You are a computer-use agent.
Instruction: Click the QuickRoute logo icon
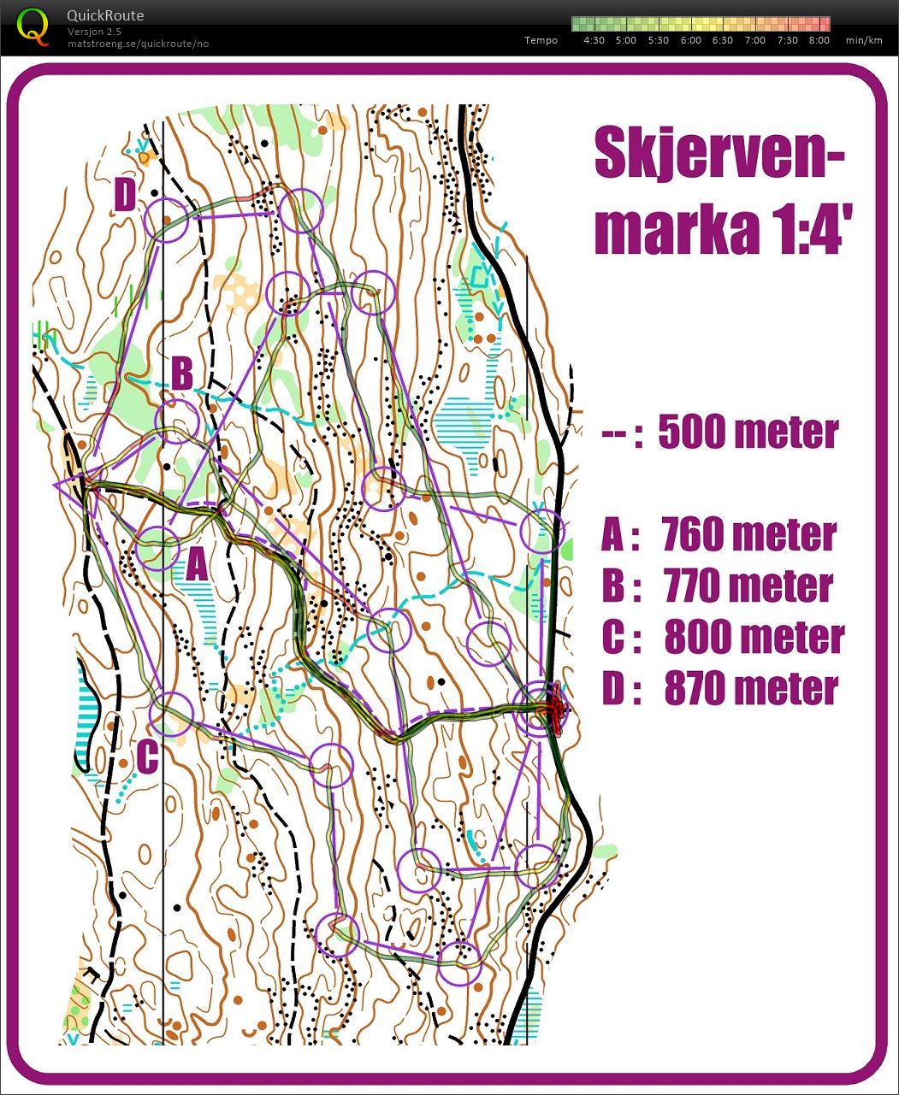tap(33, 25)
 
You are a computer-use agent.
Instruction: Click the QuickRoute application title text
tap(104, 15)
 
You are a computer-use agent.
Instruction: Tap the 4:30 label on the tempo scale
tap(594, 40)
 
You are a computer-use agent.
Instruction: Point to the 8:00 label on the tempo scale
tap(819, 40)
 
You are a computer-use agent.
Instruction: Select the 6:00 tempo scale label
tap(690, 40)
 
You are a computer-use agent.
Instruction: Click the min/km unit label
tap(863, 40)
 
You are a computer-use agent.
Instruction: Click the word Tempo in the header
tap(541, 40)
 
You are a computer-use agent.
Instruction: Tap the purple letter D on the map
tap(125, 197)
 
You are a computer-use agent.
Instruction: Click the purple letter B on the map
tap(182, 374)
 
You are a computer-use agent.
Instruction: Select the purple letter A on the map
tap(197, 564)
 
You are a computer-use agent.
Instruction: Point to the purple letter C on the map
tap(146, 756)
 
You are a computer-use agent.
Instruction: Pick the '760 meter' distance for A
tap(748, 535)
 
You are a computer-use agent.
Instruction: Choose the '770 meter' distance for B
tap(748, 586)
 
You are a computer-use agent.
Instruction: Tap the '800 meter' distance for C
tap(754, 638)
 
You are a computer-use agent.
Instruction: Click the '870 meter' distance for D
tap(750, 689)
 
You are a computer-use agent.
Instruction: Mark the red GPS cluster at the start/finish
tap(554, 708)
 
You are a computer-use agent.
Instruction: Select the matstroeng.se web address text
tap(138, 44)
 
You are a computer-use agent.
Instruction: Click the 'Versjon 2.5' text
tap(94, 32)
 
